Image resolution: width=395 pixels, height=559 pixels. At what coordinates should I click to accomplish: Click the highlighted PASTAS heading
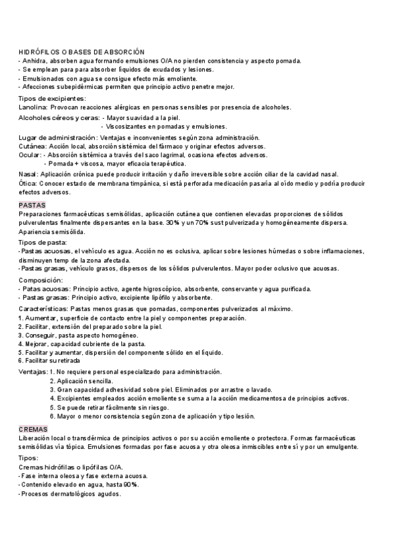(x=32, y=205)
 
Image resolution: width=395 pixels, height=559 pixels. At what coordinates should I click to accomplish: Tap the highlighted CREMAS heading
(x=32, y=428)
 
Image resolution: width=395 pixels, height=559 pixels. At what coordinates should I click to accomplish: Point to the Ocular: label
(x=31, y=155)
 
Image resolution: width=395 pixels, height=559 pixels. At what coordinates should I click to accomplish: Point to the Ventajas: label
(x=32, y=372)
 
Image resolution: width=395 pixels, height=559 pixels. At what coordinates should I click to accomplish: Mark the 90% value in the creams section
(x=131, y=485)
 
